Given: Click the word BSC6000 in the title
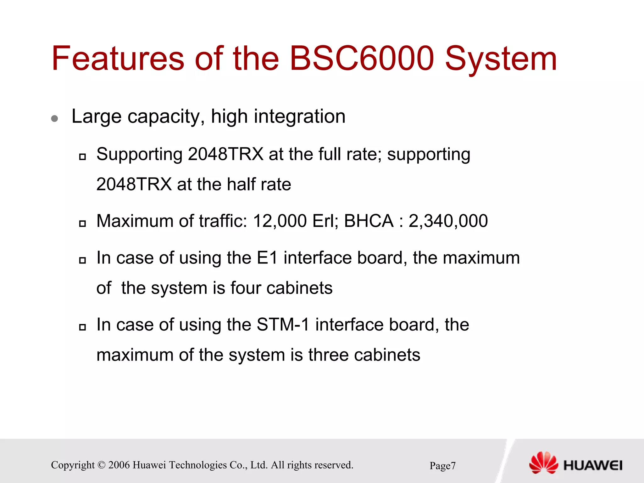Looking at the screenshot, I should click(361, 59).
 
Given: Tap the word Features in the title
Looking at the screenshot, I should click(118, 59).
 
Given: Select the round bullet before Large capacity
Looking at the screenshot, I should click(54, 118).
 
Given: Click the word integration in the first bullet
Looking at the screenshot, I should click(299, 116).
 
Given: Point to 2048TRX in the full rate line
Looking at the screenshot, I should click(225, 154).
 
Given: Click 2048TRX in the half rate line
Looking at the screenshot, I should click(134, 184).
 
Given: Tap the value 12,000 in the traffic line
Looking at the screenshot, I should click(280, 221).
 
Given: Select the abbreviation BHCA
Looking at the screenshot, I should click(369, 221).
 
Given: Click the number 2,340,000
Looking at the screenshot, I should click(448, 221).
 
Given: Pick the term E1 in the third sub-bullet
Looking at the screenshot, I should click(267, 258).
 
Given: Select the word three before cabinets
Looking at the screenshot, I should click(328, 355).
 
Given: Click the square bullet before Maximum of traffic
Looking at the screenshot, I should click(82, 224).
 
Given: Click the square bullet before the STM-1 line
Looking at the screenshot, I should click(82, 327).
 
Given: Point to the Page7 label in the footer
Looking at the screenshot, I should click(442, 466).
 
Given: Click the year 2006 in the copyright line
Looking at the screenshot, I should click(119, 465).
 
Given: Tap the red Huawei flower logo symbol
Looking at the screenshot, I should click(543, 463).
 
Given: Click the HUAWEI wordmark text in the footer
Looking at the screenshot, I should click(593, 465).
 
